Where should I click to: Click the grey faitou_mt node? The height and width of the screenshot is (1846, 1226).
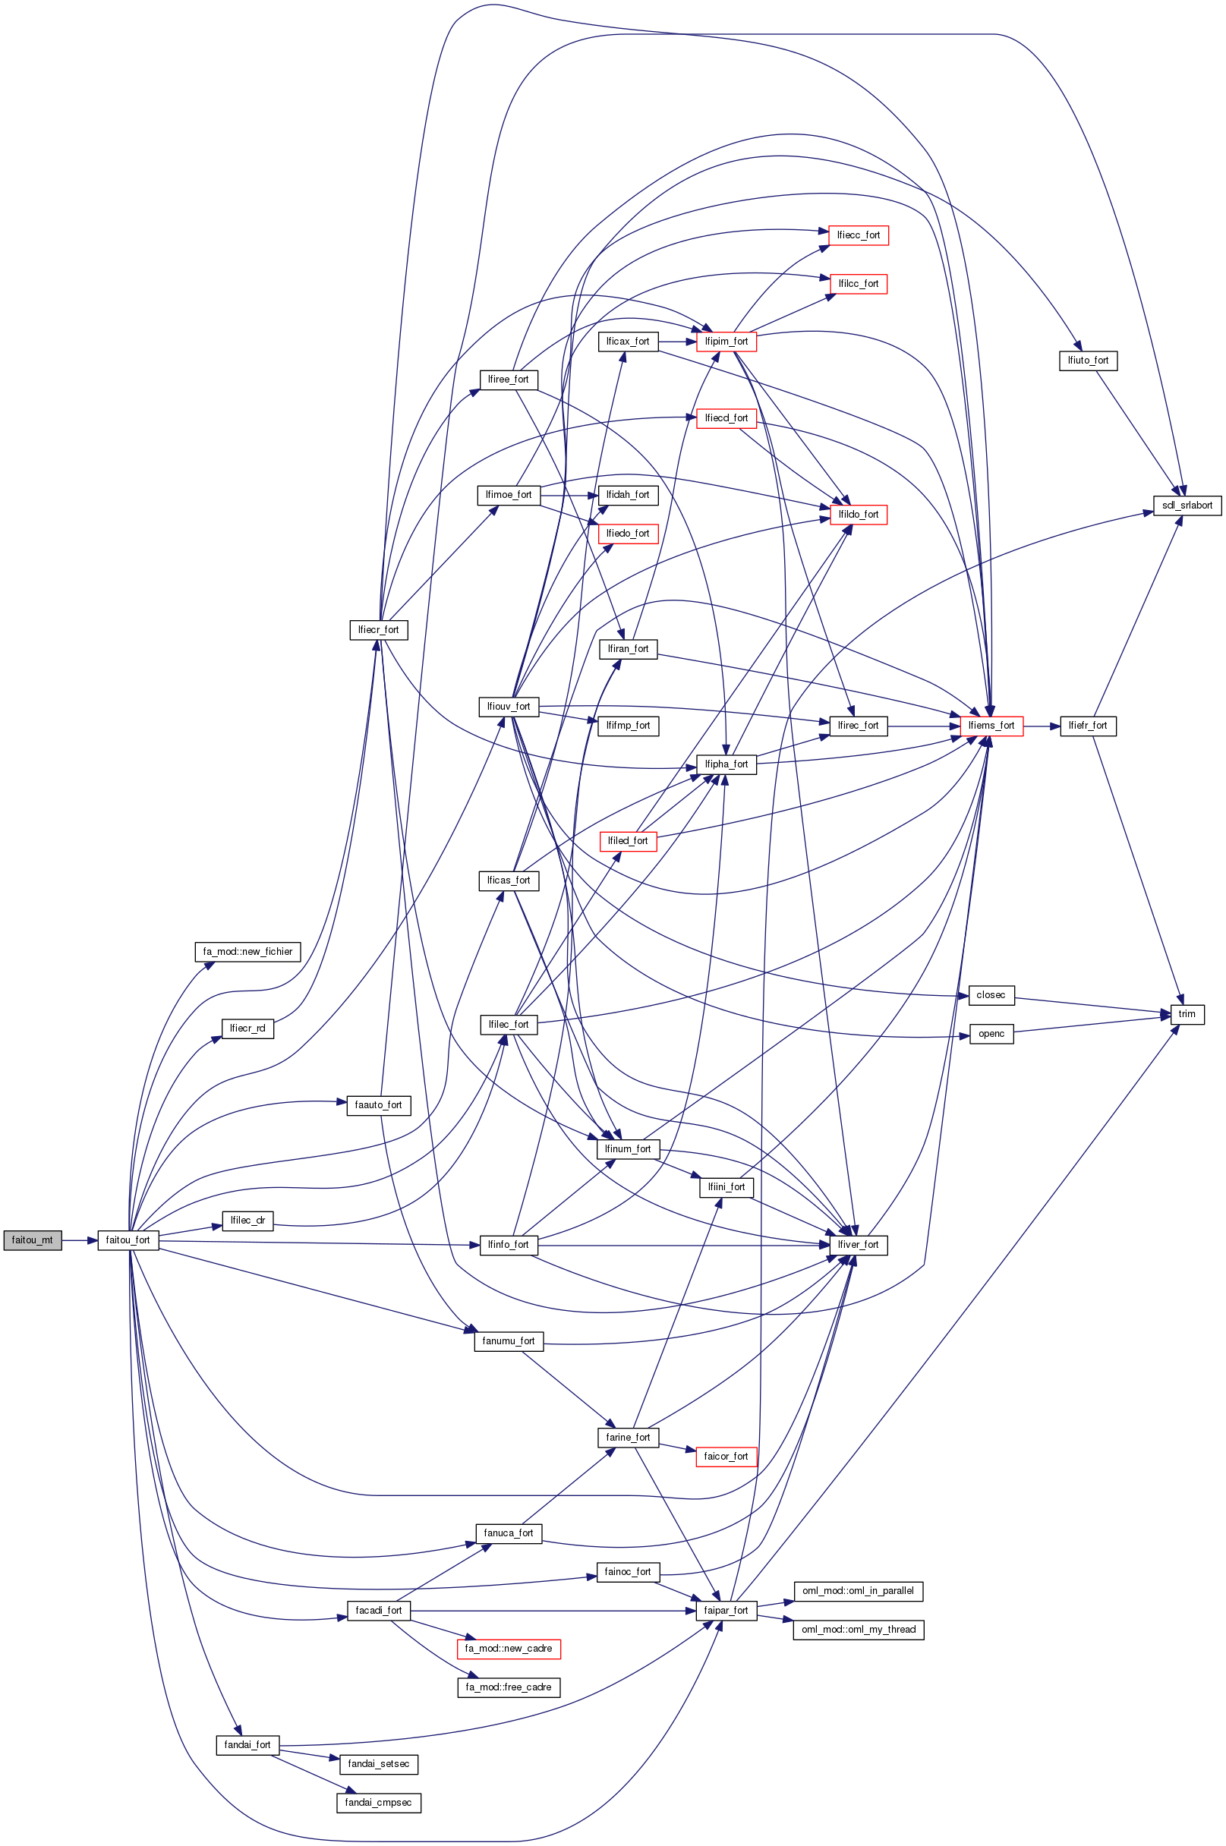[x=32, y=1240]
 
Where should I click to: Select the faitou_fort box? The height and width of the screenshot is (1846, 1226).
[x=128, y=1240]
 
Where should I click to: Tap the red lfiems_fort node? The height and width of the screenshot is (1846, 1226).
[x=991, y=726]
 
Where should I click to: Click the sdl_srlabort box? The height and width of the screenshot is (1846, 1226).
[x=1186, y=505]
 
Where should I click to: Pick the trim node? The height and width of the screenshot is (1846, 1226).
[x=1186, y=1014]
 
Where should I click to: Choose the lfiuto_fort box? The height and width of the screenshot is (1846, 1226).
[x=1088, y=361]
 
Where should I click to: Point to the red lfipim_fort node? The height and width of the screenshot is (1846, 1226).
[x=726, y=342]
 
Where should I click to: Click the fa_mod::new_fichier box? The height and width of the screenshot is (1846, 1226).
[x=247, y=952]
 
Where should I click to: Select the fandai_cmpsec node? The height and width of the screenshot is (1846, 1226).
[x=379, y=1802]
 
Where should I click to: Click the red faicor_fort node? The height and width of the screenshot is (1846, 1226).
[x=726, y=1457]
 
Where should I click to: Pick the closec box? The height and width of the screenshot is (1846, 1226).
[x=991, y=995]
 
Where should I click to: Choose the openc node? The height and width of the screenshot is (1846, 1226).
[x=991, y=1034]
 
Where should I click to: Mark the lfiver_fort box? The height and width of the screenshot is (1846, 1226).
[x=858, y=1244]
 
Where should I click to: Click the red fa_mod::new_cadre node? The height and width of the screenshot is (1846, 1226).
[x=508, y=1648]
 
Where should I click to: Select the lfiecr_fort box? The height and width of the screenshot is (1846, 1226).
[x=379, y=629]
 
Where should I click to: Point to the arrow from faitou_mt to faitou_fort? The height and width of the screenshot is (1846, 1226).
[x=80, y=1240]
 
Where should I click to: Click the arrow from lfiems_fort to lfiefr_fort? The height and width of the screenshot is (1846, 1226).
[x=1042, y=726]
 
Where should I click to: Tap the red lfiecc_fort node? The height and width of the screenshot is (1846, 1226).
[x=858, y=235]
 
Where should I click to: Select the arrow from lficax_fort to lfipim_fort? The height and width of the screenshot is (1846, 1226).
[x=677, y=342]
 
